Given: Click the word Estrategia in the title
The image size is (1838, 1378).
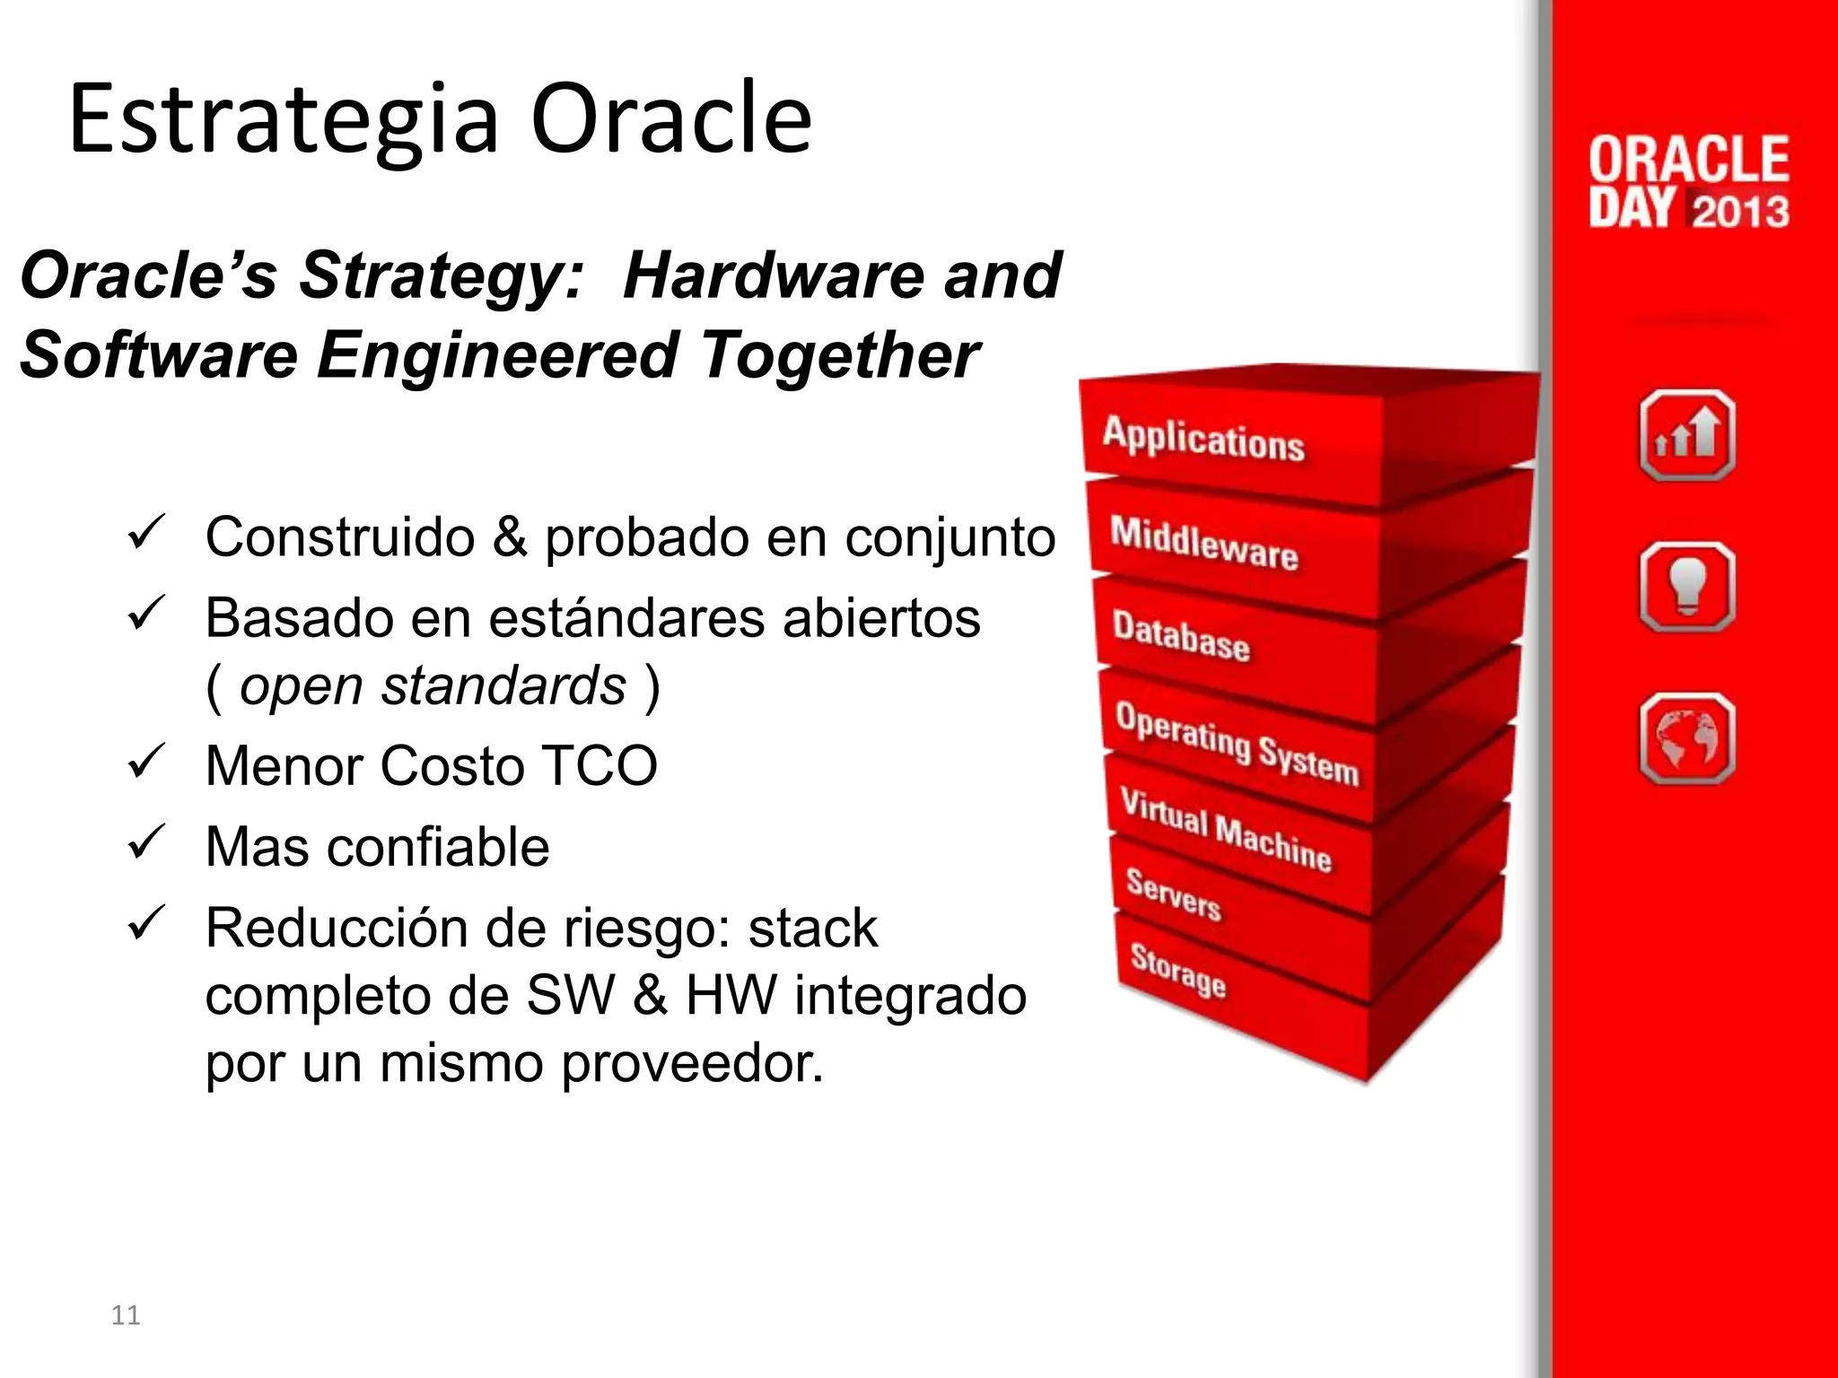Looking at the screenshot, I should pyautogui.click(x=284, y=119).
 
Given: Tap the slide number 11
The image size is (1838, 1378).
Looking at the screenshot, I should pyautogui.click(x=126, y=1315).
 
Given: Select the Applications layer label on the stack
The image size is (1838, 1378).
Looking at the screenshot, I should pyautogui.click(x=1203, y=439).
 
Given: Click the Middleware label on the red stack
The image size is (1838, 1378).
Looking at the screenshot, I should pyautogui.click(x=1203, y=543).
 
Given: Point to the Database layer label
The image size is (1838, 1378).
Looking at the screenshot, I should pyautogui.click(x=1180, y=635).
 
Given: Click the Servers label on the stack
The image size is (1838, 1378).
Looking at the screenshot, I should pyautogui.click(x=1173, y=894).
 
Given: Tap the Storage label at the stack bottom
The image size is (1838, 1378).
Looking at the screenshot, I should pyautogui.click(x=1177, y=970).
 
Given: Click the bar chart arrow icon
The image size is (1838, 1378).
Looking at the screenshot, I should pyautogui.click(x=1686, y=436).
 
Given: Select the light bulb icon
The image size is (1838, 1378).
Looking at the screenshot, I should pyautogui.click(x=1686, y=588).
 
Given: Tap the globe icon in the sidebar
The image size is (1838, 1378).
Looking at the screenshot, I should pyautogui.click(x=1686, y=738).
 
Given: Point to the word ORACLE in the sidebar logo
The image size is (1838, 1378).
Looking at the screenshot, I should pyautogui.click(x=1688, y=160).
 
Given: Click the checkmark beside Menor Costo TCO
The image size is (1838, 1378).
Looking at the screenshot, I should pyautogui.click(x=145, y=762).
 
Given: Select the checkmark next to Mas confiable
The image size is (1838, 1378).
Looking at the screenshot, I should pyautogui.click(x=145, y=842).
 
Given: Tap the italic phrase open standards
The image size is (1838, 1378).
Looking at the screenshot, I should pyautogui.click(x=433, y=686).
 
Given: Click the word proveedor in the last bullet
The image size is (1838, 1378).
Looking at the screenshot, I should pyautogui.click(x=692, y=1064).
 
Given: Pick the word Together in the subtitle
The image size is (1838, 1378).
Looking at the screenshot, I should pyautogui.click(x=840, y=355).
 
